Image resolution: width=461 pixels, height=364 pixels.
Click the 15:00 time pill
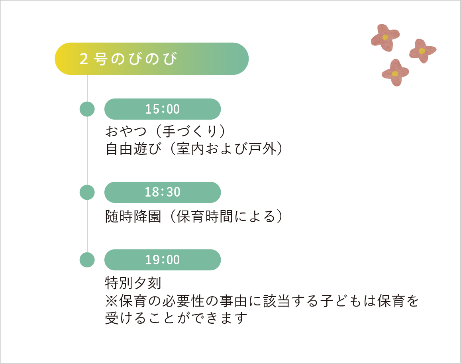coord(163,109)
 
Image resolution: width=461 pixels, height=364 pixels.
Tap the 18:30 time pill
coord(163,193)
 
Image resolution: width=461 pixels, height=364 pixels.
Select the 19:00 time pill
coord(163,260)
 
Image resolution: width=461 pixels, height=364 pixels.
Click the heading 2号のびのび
coord(128,59)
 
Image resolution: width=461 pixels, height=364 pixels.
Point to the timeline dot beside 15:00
coord(87,109)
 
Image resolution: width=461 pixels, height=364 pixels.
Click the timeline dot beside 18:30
coord(87,193)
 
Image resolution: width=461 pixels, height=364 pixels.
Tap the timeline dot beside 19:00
coord(87,260)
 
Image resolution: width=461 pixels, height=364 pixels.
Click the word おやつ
coord(126,131)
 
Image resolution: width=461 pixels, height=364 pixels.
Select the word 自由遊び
coord(133,149)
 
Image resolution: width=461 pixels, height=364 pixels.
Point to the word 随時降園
coord(133,216)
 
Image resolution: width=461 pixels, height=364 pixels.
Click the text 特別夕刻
coord(133,283)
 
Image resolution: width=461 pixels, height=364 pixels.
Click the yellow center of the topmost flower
coord(385,37)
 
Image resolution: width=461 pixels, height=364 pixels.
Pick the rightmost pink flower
coord(422,51)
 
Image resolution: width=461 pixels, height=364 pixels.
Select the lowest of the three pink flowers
coord(395,73)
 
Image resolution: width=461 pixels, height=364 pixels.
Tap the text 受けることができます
coord(176,318)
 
